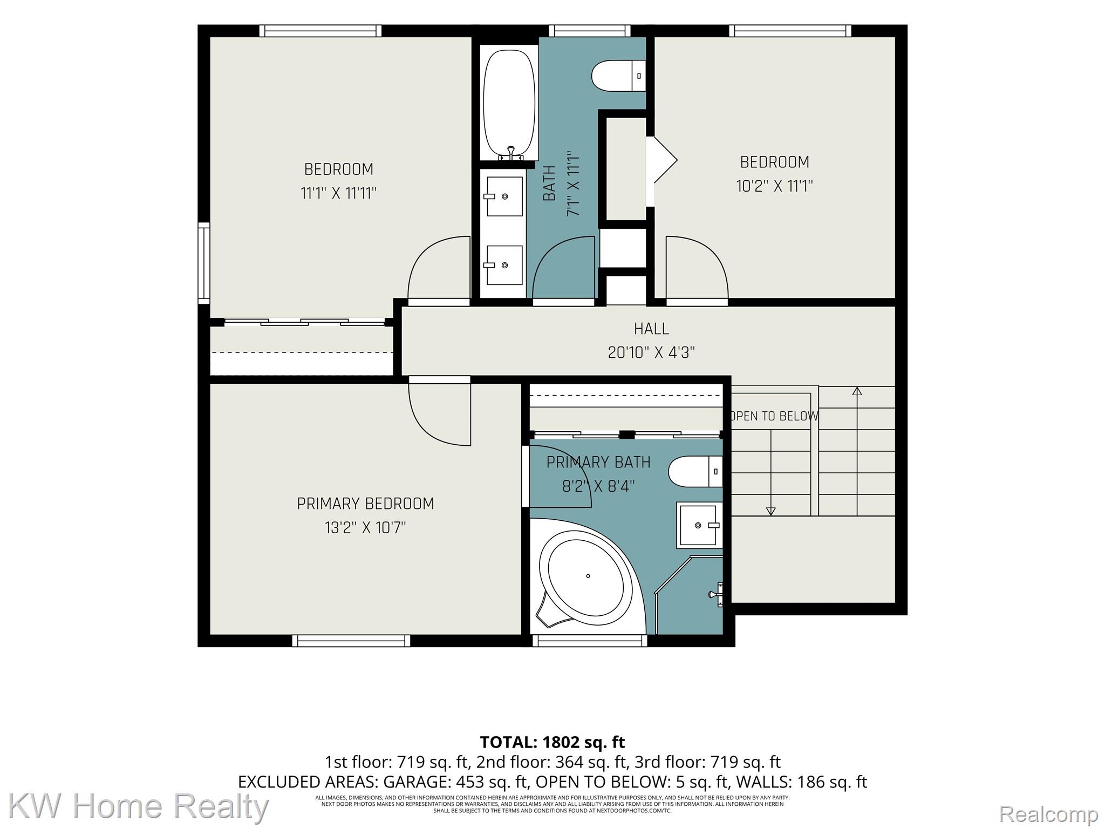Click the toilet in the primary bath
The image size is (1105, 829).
695,472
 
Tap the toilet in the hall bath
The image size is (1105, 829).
618,76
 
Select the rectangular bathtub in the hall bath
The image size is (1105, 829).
509,104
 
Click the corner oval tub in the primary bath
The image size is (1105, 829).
586,576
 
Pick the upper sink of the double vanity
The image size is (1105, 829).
504,196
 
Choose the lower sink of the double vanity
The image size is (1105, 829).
504,265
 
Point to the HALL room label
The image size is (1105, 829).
651,329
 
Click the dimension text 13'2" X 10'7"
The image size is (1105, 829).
365,527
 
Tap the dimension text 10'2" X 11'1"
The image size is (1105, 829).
774,186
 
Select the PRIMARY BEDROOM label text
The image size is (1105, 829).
365,504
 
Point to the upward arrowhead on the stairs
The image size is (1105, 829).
857,391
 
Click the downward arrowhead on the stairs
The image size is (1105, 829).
771,511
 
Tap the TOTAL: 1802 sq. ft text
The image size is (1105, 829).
552,743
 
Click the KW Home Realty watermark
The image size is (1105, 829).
139,806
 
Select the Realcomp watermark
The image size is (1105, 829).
1048,813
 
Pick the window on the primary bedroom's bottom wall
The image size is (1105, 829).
351,641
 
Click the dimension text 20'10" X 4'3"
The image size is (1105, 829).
651,352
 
